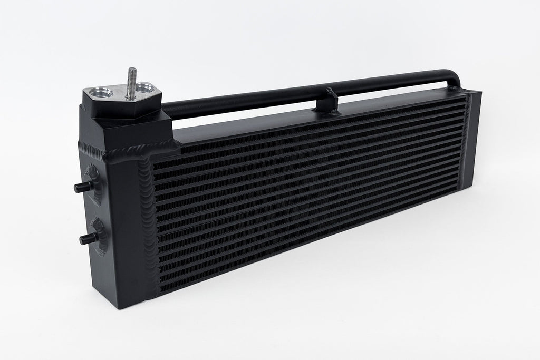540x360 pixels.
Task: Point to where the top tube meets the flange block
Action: [166, 108]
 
